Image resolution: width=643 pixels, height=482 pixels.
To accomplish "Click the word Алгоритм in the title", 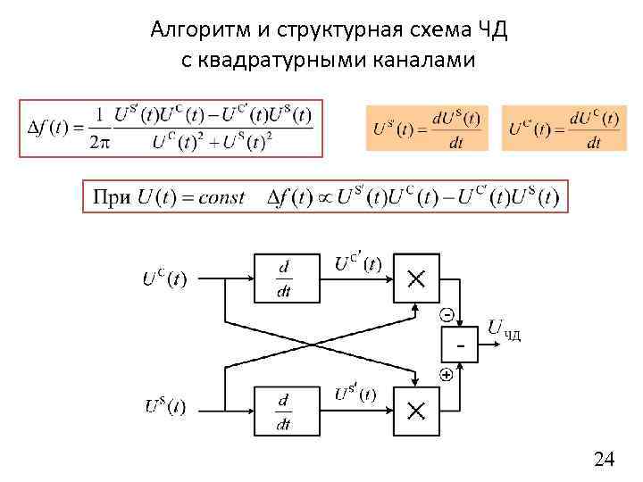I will pyautogui.click(x=191, y=30).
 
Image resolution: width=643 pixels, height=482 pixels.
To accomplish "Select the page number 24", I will pyautogui.click(x=604, y=459).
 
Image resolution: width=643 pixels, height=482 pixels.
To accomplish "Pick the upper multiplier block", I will pyautogui.click(x=416, y=279).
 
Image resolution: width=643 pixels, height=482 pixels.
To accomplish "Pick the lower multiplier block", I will pyautogui.click(x=416, y=411).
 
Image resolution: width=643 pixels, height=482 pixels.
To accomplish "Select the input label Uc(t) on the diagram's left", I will pyautogui.click(x=165, y=278).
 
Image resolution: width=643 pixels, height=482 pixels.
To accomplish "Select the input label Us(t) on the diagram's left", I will pyautogui.click(x=165, y=407).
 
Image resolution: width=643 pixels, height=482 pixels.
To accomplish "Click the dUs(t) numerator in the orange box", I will pyautogui.click(x=455, y=118).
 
